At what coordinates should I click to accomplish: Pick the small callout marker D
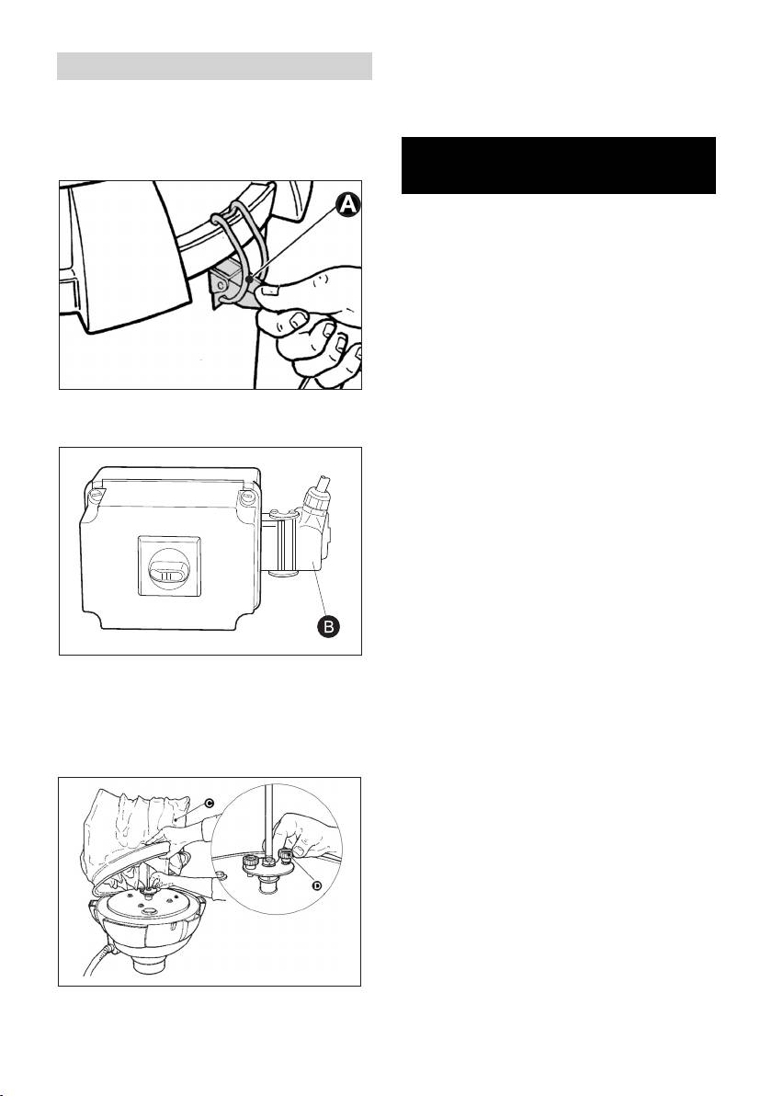[x=316, y=885]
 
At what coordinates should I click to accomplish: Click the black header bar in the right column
[x=558, y=165]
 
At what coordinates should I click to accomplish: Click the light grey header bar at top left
[x=214, y=65]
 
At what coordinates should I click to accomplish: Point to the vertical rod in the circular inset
[x=266, y=824]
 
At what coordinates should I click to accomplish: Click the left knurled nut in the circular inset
[x=249, y=865]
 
